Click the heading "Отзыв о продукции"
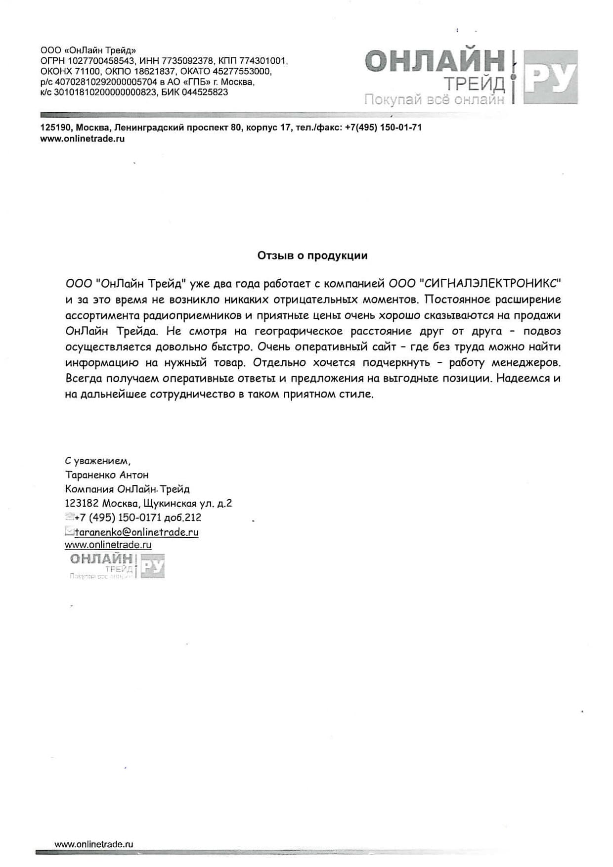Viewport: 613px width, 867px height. pyautogui.click(x=312, y=256)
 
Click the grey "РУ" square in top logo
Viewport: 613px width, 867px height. pyautogui.click(x=550, y=77)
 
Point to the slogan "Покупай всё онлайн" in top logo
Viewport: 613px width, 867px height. pyautogui.click(x=434, y=100)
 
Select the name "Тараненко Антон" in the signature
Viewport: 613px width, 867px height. pyautogui.click(x=107, y=475)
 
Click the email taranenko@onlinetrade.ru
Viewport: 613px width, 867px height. pyautogui.click(x=136, y=532)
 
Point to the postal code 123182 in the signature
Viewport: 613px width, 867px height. pyautogui.click(x=82, y=503)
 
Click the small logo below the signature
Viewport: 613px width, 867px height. pyautogui.click(x=117, y=566)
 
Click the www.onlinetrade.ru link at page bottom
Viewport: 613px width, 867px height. pyautogui.click(x=94, y=844)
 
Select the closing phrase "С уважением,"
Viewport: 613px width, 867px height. pyautogui.click(x=98, y=461)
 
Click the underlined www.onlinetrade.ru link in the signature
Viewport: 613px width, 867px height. pyautogui.click(x=108, y=545)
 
